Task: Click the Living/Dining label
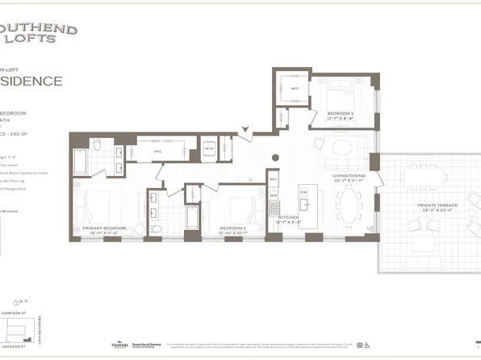pyautogui.click(x=350, y=177)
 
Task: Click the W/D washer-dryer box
pyautogui.click(x=209, y=149)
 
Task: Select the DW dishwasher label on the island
pyautogui.click(x=303, y=192)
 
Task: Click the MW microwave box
pyautogui.click(x=273, y=195)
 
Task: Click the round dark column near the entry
pyautogui.click(x=275, y=157)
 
